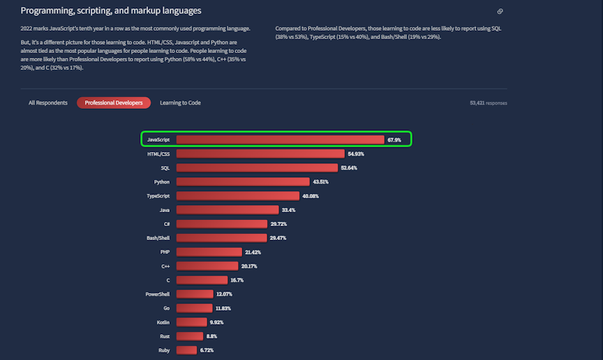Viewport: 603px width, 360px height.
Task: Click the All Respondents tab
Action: (47, 103)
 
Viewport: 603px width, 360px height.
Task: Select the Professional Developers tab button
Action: (114, 103)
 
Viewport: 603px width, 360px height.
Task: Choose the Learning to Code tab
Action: (180, 103)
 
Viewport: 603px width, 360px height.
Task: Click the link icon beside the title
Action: (500, 11)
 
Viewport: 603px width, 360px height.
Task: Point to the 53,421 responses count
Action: (489, 103)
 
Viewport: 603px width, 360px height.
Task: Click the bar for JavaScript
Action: (280, 140)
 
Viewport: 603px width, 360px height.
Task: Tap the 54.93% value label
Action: (356, 153)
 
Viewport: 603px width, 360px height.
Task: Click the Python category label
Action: (162, 181)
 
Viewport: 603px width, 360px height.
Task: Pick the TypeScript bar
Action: (237, 196)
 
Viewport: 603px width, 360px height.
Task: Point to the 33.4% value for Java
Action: (288, 210)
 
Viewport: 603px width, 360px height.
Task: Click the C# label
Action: (166, 224)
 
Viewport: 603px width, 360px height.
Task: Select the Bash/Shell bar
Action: (221, 238)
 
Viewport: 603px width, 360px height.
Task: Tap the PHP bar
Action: (209, 252)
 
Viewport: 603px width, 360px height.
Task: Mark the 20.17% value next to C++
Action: (249, 266)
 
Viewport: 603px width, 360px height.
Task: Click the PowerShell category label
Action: (158, 294)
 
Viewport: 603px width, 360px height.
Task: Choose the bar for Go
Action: (194, 308)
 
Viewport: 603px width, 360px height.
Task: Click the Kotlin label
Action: (163, 322)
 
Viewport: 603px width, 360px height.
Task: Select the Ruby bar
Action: (186, 350)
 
